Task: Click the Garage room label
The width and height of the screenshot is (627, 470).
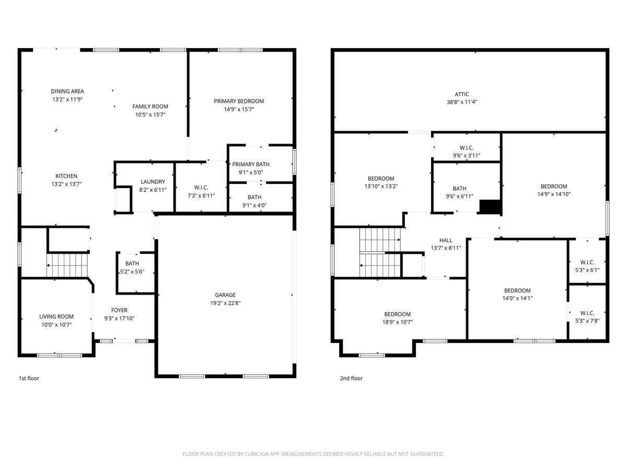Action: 225,295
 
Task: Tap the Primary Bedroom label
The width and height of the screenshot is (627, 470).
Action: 239,101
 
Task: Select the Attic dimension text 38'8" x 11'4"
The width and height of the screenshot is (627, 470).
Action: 461,102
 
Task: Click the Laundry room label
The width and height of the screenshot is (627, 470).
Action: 153,182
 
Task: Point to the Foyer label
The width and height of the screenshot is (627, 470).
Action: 120,310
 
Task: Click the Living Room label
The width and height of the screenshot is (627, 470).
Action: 56,316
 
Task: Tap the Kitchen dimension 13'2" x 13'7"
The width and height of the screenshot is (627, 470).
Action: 66,184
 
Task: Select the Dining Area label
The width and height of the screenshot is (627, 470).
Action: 67,91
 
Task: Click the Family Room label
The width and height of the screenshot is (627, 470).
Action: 150,107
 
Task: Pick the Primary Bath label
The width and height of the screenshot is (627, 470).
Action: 251,164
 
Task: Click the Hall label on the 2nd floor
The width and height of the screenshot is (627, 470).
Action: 446,240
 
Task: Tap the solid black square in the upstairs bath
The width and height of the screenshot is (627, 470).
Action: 490,207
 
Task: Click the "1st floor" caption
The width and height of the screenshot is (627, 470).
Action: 29,378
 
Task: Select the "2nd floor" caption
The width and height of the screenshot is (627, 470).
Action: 351,378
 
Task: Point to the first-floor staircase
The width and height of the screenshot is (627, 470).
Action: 67,265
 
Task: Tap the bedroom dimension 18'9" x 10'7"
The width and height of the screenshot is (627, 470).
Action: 397,322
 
